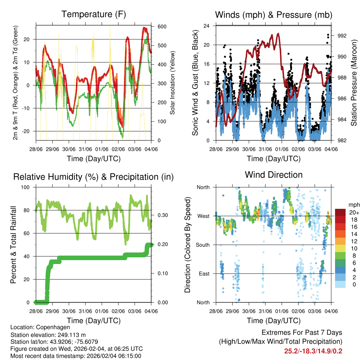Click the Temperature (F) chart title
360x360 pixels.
pos(94,14)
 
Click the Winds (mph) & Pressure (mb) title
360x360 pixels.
pos(274,15)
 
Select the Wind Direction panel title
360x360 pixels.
pos(274,175)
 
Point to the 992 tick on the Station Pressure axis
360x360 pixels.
pos(341,36)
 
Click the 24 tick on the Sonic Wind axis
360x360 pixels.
pos(207,26)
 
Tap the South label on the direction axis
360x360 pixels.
pos(203,245)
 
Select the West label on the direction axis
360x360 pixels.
pos(204,216)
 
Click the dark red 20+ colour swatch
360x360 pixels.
pos(340,212)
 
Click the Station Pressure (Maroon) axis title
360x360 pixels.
pos(354,83)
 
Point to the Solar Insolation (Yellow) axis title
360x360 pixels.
pos(173,83)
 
